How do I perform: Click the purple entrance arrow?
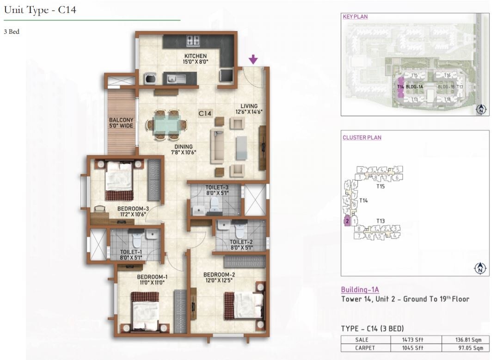tap(253, 59)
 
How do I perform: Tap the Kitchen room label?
tap(195, 56)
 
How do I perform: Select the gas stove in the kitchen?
tap(193, 41)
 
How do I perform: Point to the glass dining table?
tap(166, 124)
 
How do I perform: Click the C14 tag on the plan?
tap(205, 112)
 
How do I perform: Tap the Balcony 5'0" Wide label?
tap(122, 123)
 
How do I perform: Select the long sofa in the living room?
tap(217, 146)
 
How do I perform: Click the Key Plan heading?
tap(355, 17)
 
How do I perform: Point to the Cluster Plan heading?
tap(362, 138)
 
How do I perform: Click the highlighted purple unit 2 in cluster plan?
tap(347, 222)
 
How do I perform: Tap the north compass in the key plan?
tap(481, 110)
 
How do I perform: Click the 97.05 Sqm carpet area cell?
tap(465, 348)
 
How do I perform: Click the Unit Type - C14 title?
tap(40, 10)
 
